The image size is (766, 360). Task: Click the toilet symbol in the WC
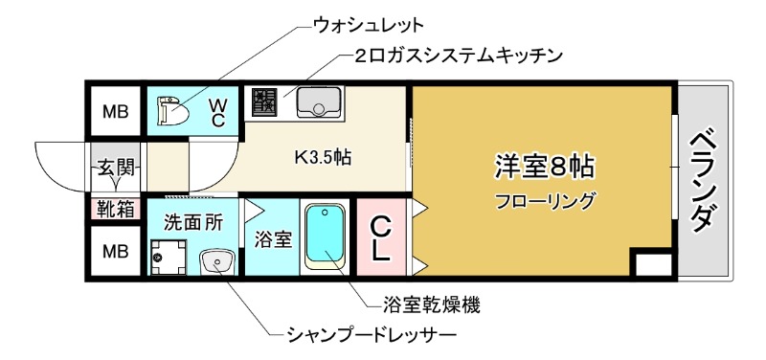(170, 110)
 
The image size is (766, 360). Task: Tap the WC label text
(218, 111)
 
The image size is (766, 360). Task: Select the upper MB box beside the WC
(116, 112)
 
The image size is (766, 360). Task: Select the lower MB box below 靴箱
(116, 253)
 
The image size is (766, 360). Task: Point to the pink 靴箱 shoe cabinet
(116, 208)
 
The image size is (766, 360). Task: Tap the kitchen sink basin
(316, 100)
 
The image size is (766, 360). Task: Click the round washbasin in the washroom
(216, 260)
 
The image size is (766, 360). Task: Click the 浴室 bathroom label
(272, 239)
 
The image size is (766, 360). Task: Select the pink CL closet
(380, 239)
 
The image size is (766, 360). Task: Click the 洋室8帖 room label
(544, 165)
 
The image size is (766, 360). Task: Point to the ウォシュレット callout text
(369, 23)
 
